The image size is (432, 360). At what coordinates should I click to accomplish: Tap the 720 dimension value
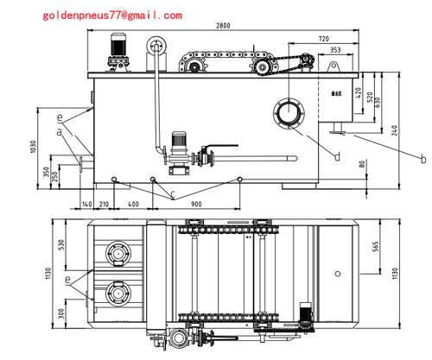[x=322, y=40]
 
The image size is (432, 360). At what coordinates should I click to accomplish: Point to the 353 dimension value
[x=334, y=51]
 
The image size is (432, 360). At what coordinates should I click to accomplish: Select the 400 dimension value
[x=132, y=204]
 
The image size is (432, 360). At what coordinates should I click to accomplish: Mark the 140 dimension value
[x=86, y=204]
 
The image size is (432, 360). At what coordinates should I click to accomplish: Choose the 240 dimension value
[x=395, y=131]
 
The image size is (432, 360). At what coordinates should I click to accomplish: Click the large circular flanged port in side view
[x=289, y=114]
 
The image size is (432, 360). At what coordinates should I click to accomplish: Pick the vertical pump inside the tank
[x=179, y=147]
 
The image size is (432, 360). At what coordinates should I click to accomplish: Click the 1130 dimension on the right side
[x=396, y=275]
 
